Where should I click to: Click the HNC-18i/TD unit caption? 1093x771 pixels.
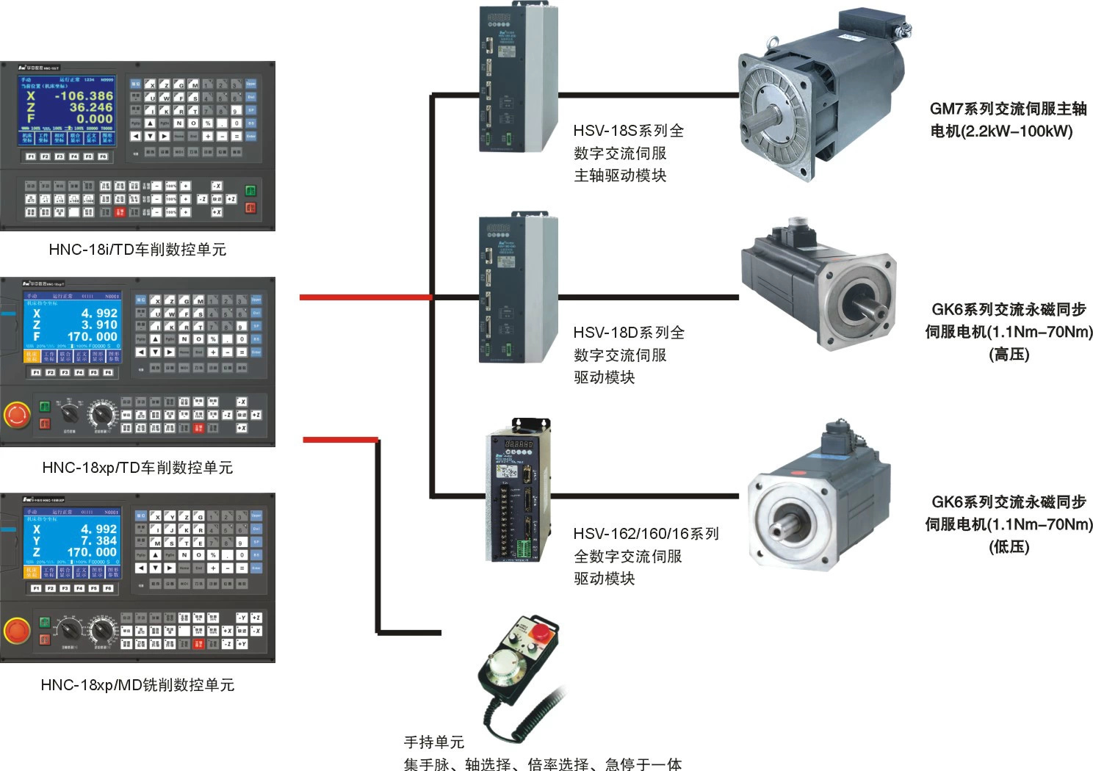[137, 250]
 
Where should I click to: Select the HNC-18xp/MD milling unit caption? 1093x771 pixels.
[137, 685]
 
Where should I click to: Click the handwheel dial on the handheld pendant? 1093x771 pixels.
[506, 665]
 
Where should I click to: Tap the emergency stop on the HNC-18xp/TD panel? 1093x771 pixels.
[17, 415]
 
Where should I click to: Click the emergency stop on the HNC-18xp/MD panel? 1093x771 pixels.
[17, 630]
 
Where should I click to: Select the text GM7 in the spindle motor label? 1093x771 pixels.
[946, 109]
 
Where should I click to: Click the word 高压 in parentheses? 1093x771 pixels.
[1009, 355]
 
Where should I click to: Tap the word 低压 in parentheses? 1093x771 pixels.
[1009, 547]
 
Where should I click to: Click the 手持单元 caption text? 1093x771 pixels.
[434, 742]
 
